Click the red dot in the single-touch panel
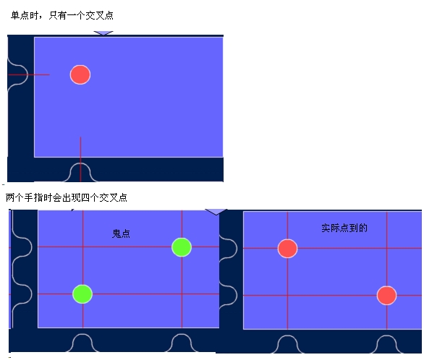coord(80,74)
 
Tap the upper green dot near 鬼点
coord(182,247)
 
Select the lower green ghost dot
coord(82,294)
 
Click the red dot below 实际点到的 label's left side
coord(287,249)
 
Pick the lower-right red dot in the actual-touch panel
coord(386,296)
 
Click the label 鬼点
coord(121,233)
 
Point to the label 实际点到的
coord(344,228)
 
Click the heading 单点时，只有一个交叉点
coord(62,15)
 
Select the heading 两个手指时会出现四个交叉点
coord(67,197)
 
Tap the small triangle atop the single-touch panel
coord(103,33)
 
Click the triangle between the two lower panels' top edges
coord(216,212)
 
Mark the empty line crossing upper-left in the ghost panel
coord(82,247)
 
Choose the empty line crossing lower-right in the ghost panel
coord(182,294)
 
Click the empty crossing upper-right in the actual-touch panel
coord(387,248)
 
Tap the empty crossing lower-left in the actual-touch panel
coord(287,296)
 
